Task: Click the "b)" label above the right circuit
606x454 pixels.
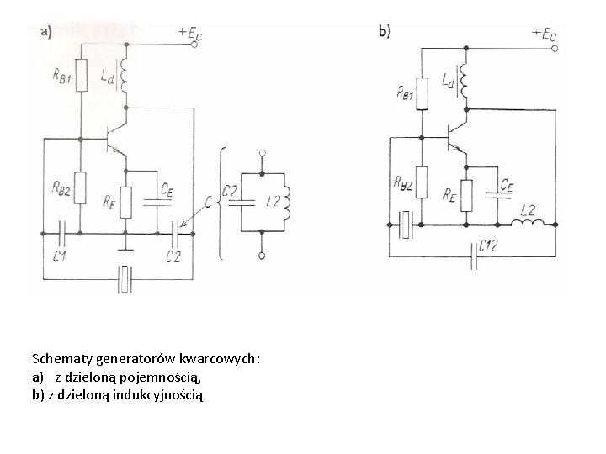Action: (385, 32)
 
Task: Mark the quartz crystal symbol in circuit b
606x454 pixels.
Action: (405, 224)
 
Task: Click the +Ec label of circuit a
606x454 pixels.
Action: (190, 33)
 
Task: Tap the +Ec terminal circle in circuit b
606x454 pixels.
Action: (555, 50)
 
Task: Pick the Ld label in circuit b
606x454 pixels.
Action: (447, 82)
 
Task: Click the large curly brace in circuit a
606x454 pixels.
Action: (220, 202)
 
